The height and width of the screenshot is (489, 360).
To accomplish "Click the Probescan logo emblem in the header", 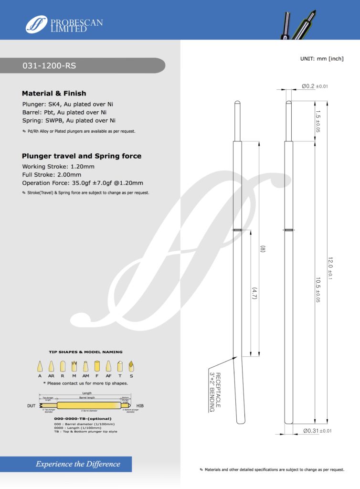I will pos(37,24).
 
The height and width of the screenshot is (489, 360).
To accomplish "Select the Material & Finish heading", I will pos(54,93).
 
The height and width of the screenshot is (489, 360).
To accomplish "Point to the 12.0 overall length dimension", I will pos(329,267).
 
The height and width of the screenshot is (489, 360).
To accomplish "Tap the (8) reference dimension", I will pos(262,249).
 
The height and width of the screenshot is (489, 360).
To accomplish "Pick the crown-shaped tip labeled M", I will pos(74,366).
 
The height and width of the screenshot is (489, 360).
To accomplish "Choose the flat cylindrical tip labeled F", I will pos(97,366).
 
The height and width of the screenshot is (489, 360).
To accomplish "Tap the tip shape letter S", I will pos(131,376).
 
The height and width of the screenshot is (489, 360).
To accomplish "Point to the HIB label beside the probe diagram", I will pos(140,405).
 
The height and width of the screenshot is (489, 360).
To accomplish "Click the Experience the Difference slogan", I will pos(78,464).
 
